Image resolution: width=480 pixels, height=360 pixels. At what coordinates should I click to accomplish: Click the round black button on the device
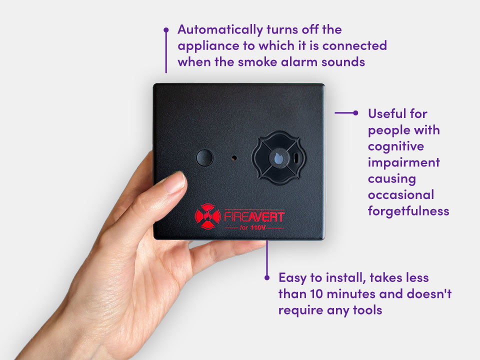(204, 157)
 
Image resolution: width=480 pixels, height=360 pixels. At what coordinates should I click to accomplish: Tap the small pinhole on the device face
(234, 158)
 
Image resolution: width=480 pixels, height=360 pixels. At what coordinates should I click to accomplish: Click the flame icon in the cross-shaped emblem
(278, 158)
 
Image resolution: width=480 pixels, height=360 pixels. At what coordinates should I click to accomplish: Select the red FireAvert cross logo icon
(208, 216)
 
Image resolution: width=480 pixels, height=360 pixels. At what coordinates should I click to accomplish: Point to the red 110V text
(258, 227)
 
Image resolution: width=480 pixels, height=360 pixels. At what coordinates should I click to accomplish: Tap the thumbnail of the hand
(175, 183)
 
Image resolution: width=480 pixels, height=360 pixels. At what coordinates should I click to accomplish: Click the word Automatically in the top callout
(220, 30)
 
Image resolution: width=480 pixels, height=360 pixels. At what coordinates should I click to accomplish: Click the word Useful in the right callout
(386, 113)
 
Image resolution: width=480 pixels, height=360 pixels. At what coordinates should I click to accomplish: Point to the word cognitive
(396, 146)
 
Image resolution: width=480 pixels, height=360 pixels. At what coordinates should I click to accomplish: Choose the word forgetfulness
(408, 211)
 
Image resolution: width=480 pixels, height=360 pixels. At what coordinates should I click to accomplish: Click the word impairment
(404, 162)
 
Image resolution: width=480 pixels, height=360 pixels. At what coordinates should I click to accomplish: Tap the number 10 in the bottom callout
(316, 294)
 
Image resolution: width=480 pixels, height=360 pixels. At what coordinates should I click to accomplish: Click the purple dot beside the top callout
(166, 30)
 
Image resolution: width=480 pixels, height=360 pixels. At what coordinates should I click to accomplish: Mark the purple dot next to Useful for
(355, 112)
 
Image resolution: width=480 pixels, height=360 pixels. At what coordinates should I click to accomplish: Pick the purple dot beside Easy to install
(267, 277)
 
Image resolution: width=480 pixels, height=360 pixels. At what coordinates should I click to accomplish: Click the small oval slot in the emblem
(296, 158)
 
